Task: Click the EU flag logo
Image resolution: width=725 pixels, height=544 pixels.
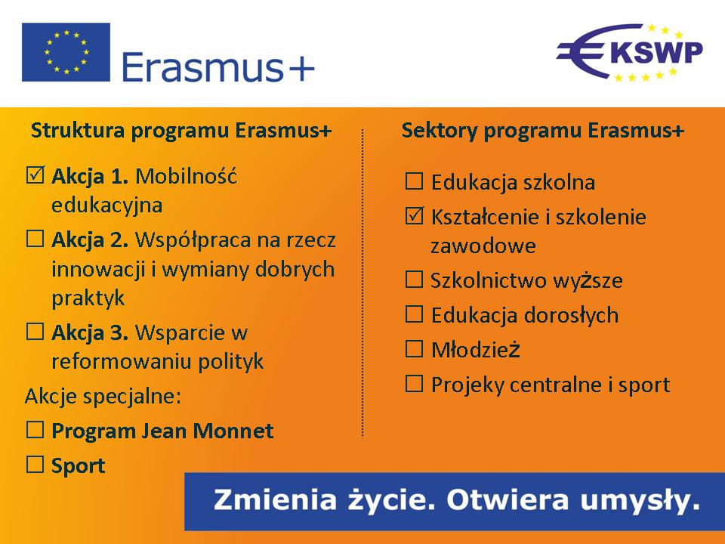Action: tap(66, 52)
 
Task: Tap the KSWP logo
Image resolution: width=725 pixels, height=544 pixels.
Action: tap(629, 52)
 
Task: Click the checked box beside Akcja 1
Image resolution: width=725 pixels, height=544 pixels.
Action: tap(35, 175)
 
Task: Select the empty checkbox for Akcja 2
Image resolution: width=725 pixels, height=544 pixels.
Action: tap(35, 240)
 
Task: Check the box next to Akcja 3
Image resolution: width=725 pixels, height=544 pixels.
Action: tap(35, 332)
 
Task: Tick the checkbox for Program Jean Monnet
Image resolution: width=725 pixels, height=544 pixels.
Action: tap(35, 430)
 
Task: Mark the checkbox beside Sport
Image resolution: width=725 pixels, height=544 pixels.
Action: tap(35, 465)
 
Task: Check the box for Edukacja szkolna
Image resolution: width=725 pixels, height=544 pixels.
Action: tap(415, 181)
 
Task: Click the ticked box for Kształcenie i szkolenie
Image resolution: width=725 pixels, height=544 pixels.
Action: tap(415, 215)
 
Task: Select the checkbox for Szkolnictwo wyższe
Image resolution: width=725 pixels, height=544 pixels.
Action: tap(415, 280)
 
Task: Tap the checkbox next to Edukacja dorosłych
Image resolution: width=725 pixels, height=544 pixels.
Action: tap(415, 314)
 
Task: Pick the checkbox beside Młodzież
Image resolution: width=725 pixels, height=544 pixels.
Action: tap(415, 349)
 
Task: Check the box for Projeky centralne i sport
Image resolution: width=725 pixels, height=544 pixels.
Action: tap(415, 384)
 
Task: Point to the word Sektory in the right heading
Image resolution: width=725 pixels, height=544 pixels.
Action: tap(440, 131)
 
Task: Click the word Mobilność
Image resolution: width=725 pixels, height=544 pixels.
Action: tap(186, 176)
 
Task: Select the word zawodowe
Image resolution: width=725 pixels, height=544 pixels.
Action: tap(483, 246)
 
